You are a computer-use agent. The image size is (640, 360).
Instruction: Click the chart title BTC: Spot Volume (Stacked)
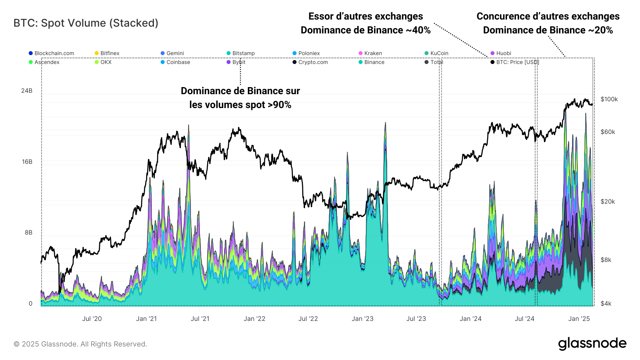coord(86,23)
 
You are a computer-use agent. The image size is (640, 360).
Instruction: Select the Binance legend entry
coord(374,62)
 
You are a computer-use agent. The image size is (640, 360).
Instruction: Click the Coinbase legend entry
coord(178,62)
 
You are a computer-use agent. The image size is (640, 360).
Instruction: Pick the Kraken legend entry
coord(373,53)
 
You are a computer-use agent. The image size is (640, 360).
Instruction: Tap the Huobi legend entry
coord(503,53)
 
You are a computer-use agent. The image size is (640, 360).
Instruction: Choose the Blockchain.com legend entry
coord(54,53)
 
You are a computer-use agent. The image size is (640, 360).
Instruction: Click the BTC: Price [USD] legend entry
coord(517,62)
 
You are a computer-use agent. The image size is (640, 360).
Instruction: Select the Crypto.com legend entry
coord(313,62)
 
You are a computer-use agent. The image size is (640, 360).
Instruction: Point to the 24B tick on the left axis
coord(27,91)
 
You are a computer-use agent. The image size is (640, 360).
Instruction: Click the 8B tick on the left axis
coord(28,232)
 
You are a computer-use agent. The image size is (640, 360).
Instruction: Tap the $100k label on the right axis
coord(609,99)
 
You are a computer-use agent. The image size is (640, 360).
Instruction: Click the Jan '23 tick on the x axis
coord(362,319)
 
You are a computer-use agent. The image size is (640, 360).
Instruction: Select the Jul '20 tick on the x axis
coord(92,319)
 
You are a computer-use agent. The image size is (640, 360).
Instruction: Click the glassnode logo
coord(592,344)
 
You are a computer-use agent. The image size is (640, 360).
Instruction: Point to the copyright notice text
coord(80,344)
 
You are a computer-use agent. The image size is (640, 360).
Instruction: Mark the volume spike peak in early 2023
coord(385,123)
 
